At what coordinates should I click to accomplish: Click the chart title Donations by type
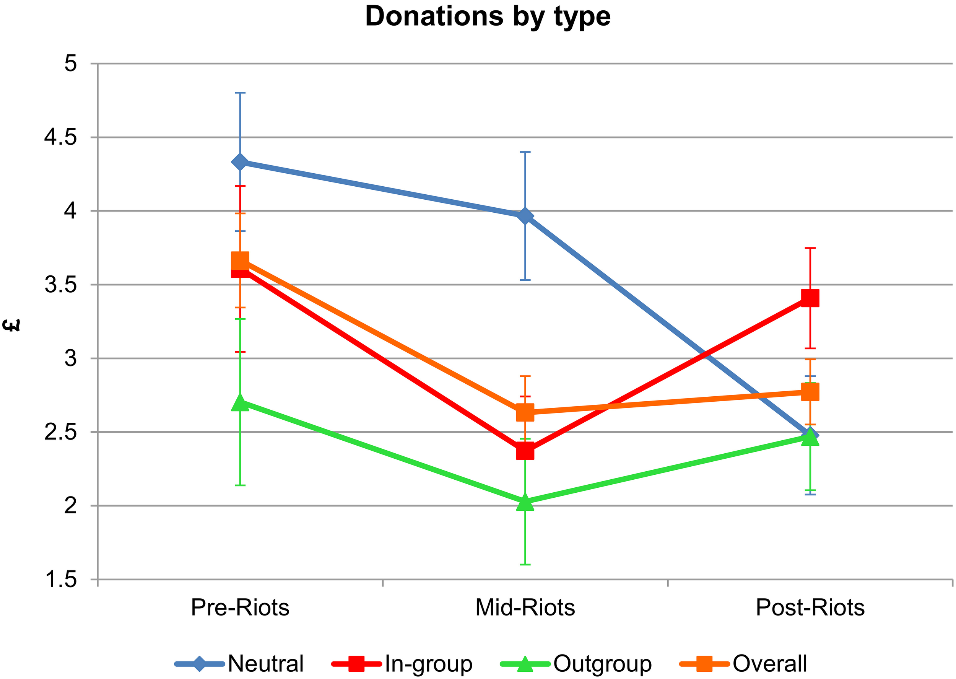click(x=488, y=17)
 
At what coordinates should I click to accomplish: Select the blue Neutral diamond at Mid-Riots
click(x=525, y=216)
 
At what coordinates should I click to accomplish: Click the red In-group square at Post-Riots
click(x=810, y=298)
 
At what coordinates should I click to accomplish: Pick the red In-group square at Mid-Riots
click(x=525, y=451)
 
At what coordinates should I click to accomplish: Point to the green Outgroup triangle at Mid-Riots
click(x=525, y=503)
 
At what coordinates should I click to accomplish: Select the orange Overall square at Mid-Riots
click(x=525, y=412)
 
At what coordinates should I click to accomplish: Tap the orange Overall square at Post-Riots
click(x=810, y=392)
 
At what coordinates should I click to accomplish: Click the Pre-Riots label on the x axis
click(x=240, y=607)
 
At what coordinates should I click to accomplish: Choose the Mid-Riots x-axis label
click(x=525, y=607)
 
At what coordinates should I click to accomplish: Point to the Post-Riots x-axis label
click(x=810, y=607)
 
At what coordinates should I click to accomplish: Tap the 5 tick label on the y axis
click(x=71, y=64)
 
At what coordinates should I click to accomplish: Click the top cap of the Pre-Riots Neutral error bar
click(x=240, y=93)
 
